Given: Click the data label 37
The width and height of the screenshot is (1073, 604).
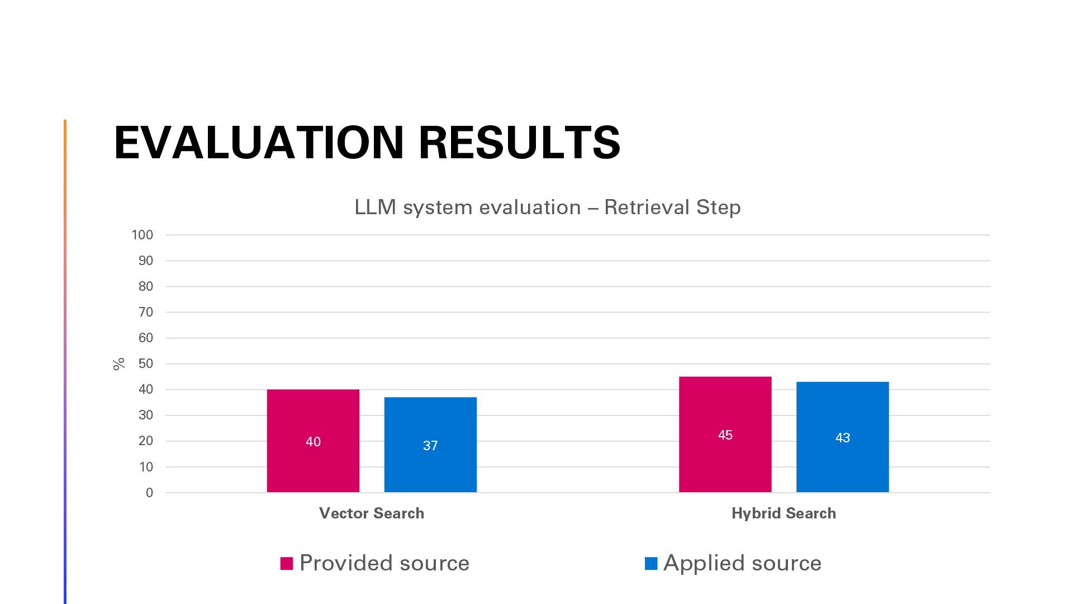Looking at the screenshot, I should pos(430,446).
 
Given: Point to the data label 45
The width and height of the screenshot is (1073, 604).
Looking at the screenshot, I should pos(725,435).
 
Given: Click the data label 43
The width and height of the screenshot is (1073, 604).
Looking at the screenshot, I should pos(842,438).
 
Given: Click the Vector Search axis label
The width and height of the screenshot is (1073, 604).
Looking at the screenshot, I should pos(371,513).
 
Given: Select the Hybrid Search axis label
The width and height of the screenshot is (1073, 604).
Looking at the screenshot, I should pos(784,513).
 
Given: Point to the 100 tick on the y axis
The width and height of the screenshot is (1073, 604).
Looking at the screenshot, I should pos(142,235).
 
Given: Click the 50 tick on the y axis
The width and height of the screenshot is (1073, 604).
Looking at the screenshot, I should pos(145,364).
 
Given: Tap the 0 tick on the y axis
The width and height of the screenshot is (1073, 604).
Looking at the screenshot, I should pos(149,493).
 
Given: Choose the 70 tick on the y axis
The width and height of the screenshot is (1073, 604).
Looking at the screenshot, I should pos(145,312).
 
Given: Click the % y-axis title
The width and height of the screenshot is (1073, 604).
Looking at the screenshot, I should pos(118,364).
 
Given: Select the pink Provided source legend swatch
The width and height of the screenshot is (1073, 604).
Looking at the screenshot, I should pos(287,563).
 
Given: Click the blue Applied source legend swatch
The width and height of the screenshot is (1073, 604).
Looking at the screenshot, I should pos(651,563).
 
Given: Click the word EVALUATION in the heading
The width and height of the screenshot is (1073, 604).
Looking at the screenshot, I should pos(259,143).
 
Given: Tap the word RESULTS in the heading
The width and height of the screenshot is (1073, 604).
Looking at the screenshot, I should pos(519,143).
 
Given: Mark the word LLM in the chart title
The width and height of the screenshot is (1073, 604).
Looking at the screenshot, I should pos(375,207).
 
